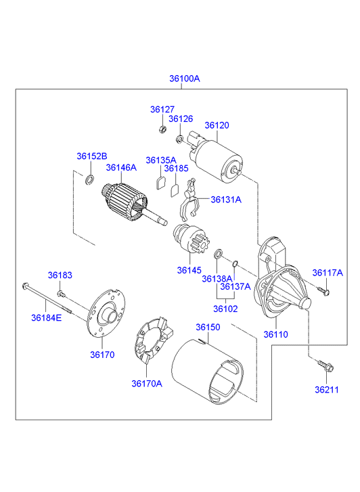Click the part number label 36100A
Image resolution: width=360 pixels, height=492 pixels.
tap(185, 79)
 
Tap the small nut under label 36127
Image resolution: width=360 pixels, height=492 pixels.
tap(162, 129)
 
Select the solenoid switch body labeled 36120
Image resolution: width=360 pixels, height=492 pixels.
tap(216, 159)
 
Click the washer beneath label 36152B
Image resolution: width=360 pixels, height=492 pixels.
tap(89, 180)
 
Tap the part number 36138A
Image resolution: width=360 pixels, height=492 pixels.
tap(217, 279)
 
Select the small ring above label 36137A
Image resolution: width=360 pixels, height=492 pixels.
tap(235, 263)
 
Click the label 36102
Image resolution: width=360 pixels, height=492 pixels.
tap(225, 309)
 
